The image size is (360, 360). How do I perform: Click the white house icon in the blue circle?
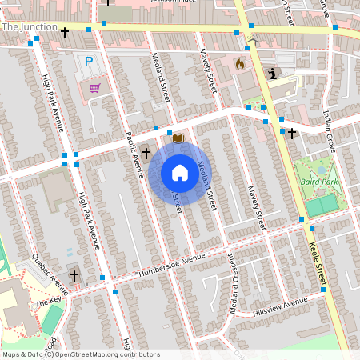(180, 172)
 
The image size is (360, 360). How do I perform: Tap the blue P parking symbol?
(89, 62)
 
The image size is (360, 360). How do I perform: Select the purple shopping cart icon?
(94, 87)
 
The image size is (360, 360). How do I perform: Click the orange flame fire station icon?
(238, 62)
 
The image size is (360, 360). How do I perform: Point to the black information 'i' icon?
(274, 74)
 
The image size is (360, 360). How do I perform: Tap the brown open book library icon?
(178, 138)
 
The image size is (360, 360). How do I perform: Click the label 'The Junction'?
(29, 26)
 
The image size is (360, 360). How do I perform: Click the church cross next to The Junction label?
(65, 33)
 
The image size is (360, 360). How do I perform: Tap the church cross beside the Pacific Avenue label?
(146, 153)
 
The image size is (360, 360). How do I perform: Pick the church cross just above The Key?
(74, 276)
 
